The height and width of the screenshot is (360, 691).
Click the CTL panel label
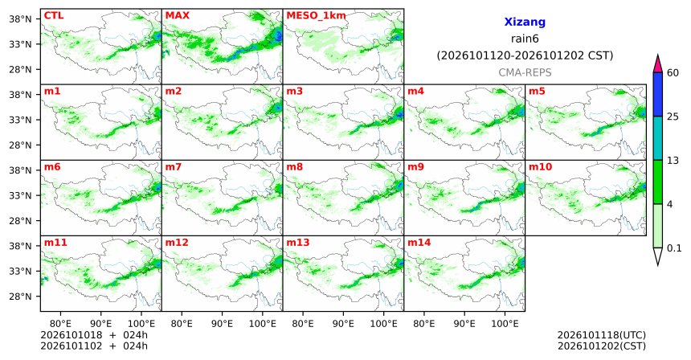pyautogui.click(x=53, y=16)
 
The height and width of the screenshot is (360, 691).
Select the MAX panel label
pyautogui.click(x=177, y=16)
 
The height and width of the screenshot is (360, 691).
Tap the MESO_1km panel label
pyautogui.click(x=316, y=16)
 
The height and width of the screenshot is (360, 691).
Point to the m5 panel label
pyautogui.click(x=537, y=92)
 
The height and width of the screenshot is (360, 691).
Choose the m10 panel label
pyautogui.click(x=540, y=167)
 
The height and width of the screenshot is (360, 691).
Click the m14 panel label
pyautogui.click(x=419, y=243)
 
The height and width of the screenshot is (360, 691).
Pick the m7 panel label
pyautogui.click(x=174, y=167)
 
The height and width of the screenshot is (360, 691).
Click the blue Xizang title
pyautogui.click(x=525, y=22)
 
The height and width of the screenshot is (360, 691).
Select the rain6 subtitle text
pyautogui.click(x=525, y=39)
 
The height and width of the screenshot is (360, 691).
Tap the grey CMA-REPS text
pyautogui.click(x=525, y=72)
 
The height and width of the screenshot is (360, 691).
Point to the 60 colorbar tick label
pyautogui.click(x=673, y=73)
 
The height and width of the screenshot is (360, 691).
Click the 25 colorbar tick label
pyautogui.click(x=673, y=117)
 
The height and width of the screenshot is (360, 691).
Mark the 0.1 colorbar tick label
pyautogui.click(x=674, y=248)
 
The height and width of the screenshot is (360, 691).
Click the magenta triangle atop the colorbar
pyautogui.click(x=657, y=64)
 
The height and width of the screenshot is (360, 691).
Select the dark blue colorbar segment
pyautogui.click(x=657, y=94)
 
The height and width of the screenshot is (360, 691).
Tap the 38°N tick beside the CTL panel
pyautogui.click(x=20, y=19)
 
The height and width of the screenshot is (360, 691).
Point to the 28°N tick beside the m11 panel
pyautogui.click(x=20, y=296)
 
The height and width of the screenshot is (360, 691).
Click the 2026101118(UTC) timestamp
pyautogui.click(x=602, y=336)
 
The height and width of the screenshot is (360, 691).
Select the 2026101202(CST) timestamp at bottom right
pyautogui.click(x=602, y=346)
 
